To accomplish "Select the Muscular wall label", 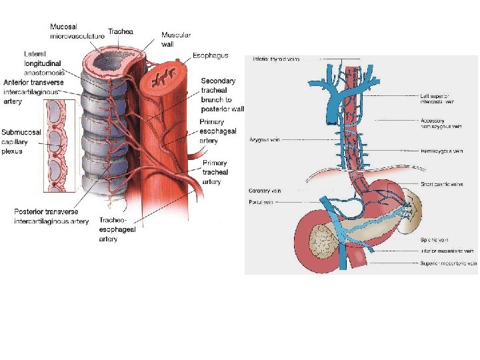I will pos(176,39).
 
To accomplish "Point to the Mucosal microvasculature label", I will pos(77,31).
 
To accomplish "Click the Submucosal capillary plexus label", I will pos(21,141).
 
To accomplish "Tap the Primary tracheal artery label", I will pos(215,172).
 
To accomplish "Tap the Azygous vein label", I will pos(263,141).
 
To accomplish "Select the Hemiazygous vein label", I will pos(442,151).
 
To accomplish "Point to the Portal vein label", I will pos(261,202).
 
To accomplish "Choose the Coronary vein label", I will pos(264,191).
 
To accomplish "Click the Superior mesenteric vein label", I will pos(449,263).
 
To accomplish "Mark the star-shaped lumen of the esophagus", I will pos(161,81).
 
